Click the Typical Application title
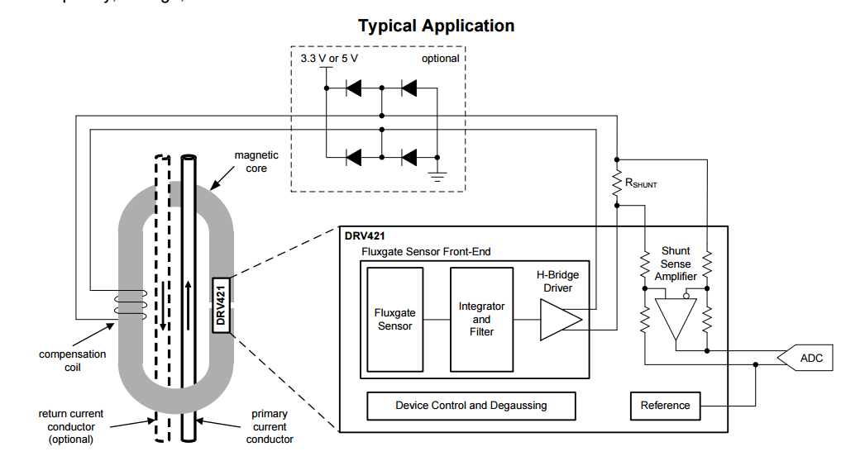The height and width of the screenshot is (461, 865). (436, 26)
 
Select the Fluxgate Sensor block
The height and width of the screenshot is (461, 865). (395, 319)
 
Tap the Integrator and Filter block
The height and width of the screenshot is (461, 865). (481, 319)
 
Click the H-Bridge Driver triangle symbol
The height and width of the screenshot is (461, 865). (559, 320)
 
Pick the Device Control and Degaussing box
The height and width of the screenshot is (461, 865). (471, 406)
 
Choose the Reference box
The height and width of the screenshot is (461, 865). (665, 406)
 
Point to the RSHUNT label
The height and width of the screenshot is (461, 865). (641, 184)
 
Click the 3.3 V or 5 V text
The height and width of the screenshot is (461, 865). (329, 59)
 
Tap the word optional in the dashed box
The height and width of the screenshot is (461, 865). (440, 59)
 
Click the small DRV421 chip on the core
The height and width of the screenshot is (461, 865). (221, 305)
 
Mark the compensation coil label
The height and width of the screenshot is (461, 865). (73, 360)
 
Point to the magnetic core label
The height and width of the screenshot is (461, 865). (256, 161)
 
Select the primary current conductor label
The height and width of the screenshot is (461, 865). (270, 426)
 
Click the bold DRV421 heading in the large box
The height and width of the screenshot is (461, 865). (365, 235)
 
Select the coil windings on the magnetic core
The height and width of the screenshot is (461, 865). (133, 304)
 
